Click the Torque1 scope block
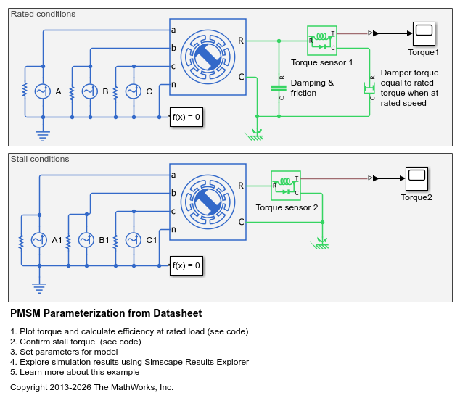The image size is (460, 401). [424, 33]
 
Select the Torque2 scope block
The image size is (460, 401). [416, 178]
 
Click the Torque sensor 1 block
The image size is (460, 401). [322, 41]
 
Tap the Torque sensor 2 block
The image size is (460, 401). [286, 186]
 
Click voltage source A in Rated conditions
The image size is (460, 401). [43, 91]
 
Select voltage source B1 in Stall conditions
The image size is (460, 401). [86, 240]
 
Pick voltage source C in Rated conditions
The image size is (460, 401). [134, 91]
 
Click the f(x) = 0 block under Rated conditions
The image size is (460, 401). [186, 117]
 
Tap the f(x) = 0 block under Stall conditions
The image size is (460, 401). [186, 265]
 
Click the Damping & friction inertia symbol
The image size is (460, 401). [279, 88]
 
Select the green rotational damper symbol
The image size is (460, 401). [369, 88]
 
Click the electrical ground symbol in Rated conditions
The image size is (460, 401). [43, 136]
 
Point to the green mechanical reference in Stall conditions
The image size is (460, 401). [321, 244]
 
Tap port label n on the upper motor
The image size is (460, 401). [173, 84]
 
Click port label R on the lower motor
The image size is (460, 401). [241, 186]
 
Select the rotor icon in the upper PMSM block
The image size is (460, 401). [208, 57]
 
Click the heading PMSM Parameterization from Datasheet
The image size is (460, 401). [106, 313]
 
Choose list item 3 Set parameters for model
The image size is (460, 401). [64, 352]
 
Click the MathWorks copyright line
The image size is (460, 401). [92, 387]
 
